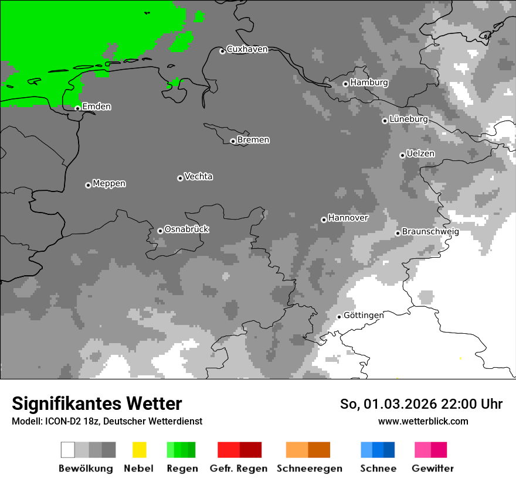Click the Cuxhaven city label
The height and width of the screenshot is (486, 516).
click(247, 49)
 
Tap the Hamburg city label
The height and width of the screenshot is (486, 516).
click(369, 83)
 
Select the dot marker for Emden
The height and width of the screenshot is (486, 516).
click(77, 108)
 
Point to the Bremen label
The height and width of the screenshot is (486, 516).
click(253, 140)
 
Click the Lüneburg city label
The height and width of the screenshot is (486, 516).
click(408, 119)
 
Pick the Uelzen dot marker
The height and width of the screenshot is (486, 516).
click(402, 155)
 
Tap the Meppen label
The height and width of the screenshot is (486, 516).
click(109, 184)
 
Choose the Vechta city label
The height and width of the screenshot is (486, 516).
click(198, 177)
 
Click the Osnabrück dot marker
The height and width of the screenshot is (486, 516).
click(160, 231)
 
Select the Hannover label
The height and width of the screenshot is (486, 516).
click(348, 218)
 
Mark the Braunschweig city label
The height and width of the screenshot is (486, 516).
click(430, 232)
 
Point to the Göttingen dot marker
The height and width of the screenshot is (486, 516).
click(339, 317)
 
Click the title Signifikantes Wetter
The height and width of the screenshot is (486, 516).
click(97, 403)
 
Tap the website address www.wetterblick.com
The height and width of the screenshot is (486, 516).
click(423, 421)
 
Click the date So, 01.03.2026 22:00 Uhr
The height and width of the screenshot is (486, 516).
click(421, 404)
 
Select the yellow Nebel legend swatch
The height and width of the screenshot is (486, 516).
click(139, 450)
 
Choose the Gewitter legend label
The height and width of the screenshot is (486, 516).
click(432, 468)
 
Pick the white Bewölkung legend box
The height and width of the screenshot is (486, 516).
click(68, 450)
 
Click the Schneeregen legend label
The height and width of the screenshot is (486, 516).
click(309, 468)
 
